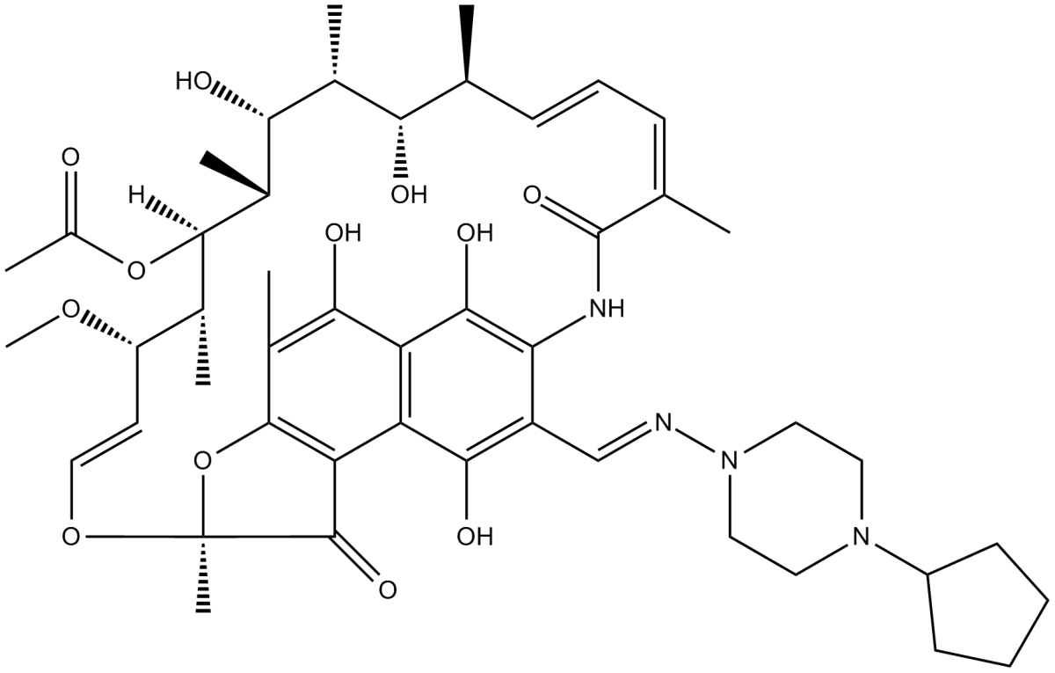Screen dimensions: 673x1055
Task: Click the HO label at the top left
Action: (x=194, y=84)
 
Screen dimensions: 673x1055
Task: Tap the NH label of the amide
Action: (x=604, y=307)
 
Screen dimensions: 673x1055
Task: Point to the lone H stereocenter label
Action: (x=137, y=192)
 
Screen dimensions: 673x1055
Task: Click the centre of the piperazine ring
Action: (x=796, y=498)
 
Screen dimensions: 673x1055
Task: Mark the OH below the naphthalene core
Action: (x=475, y=535)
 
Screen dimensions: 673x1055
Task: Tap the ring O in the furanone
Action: (x=202, y=459)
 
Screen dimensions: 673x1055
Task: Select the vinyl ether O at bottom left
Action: (x=70, y=535)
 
